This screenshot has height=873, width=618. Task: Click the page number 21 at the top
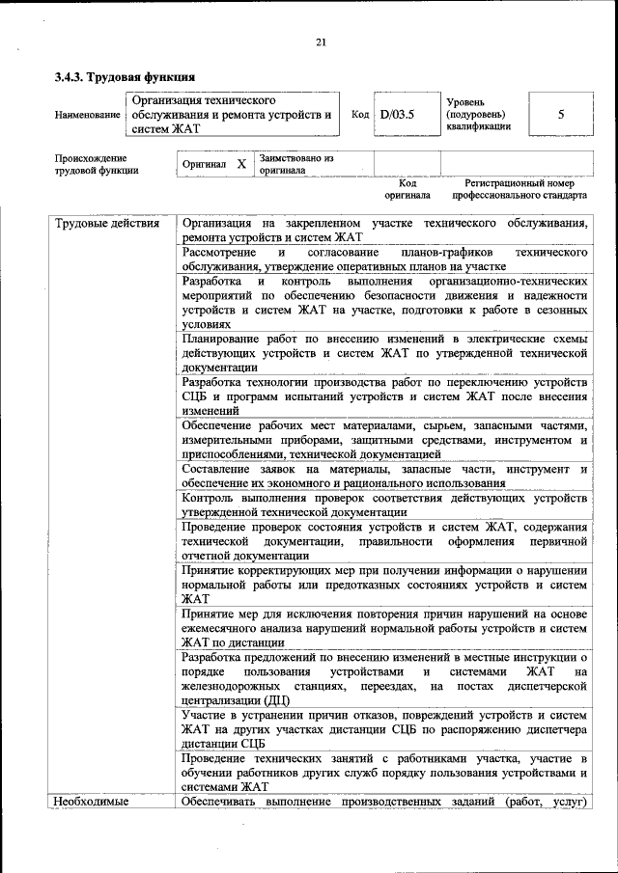click(x=322, y=41)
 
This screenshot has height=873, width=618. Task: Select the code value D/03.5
click(x=397, y=115)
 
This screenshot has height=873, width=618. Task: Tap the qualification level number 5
click(x=561, y=115)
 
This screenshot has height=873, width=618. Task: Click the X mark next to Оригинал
click(x=241, y=164)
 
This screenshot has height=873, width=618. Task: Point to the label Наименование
click(x=88, y=115)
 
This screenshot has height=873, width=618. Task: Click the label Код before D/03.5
click(x=360, y=115)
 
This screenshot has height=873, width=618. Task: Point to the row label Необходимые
click(x=92, y=801)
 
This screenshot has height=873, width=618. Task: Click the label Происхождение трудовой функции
click(x=97, y=164)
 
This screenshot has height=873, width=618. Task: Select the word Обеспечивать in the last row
click(x=225, y=801)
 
